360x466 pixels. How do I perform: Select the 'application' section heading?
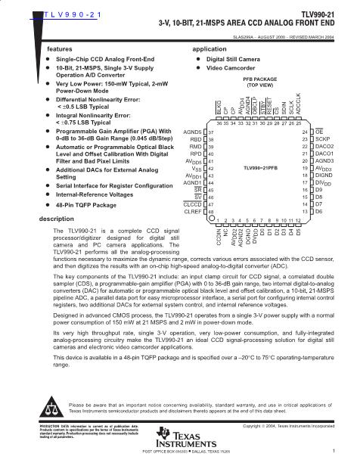209,48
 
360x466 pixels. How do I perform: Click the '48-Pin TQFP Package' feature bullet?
86,205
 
